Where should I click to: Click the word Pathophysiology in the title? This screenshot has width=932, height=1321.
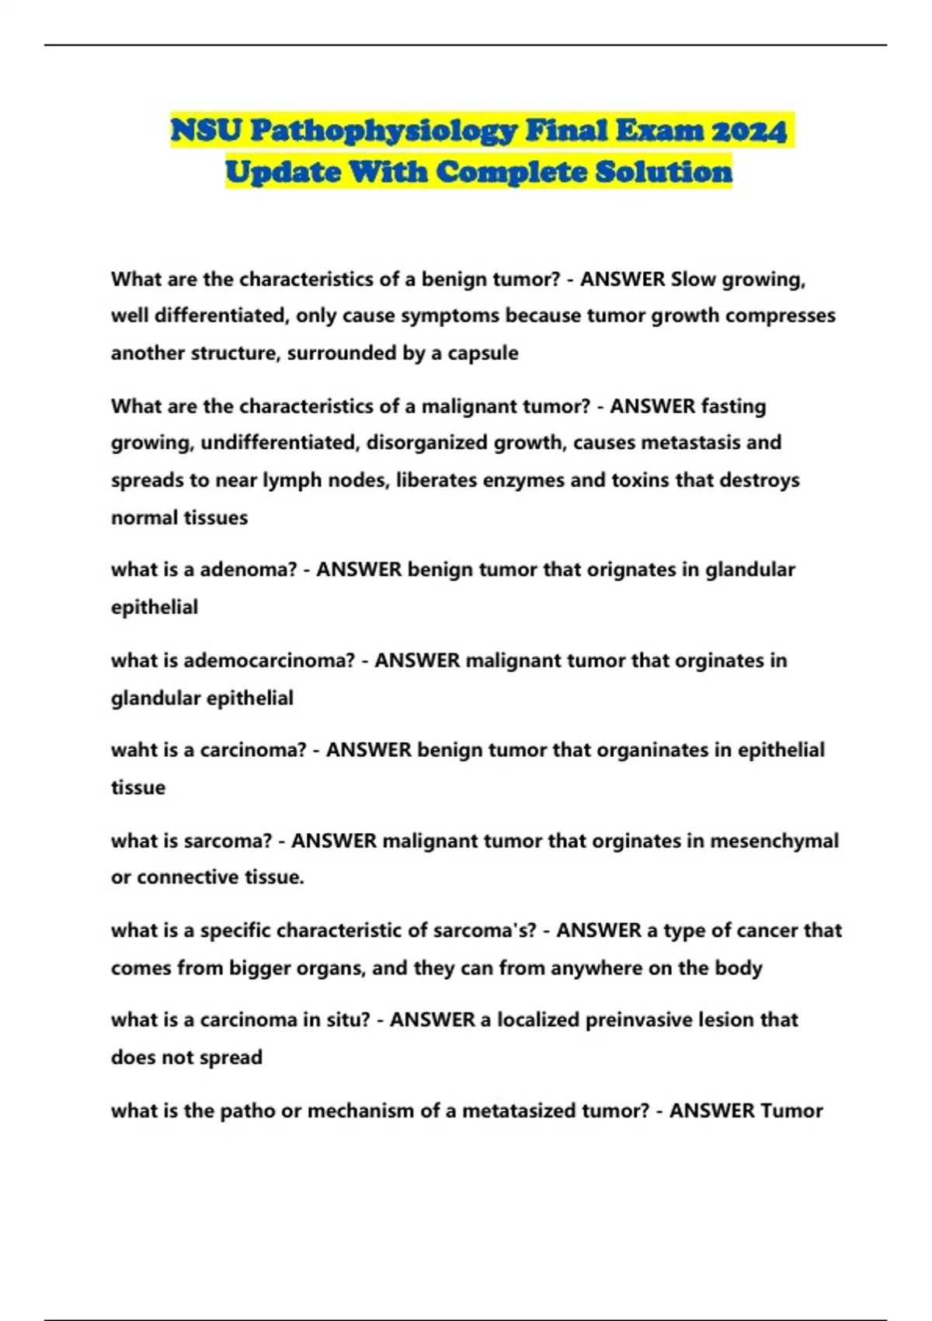pyautogui.click(x=383, y=131)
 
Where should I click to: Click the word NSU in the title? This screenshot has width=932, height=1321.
pyautogui.click(x=206, y=131)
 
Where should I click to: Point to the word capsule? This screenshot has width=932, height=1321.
pyautogui.click(x=482, y=354)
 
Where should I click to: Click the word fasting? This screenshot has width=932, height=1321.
pyautogui.click(x=733, y=406)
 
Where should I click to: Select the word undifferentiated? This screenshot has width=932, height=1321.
pyautogui.click(x=279, y=443)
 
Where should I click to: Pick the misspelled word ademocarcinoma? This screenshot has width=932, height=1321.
pyautogui.click(x=269, y=660)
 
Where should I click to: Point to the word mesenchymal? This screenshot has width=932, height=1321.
pyautogui.click(x=774, y=841)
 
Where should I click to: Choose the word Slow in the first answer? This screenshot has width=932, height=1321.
pyautogui.click(x=694, y=279)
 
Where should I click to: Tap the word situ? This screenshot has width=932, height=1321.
pyautogui.click(x=347, y=1020)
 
